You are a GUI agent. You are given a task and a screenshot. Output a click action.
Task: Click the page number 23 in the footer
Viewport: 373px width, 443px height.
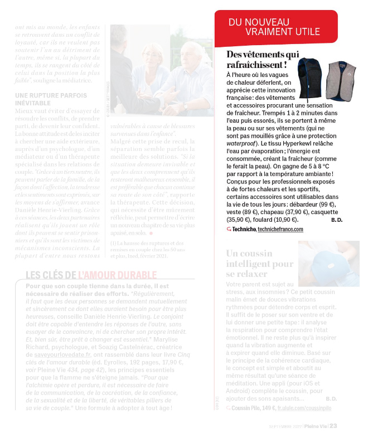pos(333,426)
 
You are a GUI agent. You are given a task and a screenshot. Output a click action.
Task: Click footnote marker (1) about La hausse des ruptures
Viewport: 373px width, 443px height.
pos(113,243)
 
